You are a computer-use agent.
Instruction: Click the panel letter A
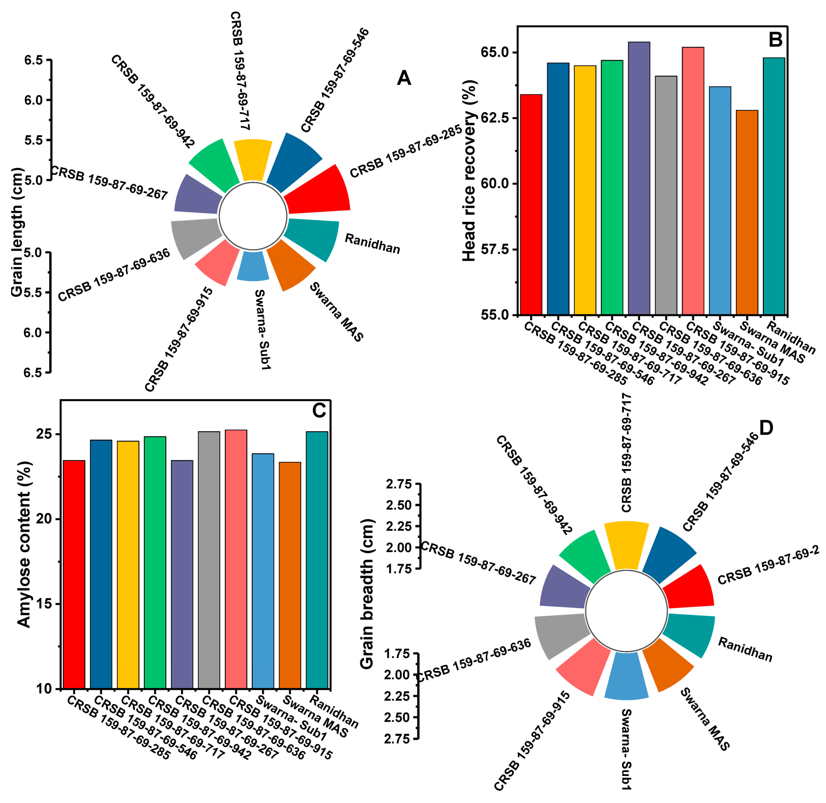404,78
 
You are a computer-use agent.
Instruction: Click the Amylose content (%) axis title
24,544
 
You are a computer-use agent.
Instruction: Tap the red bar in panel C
74,574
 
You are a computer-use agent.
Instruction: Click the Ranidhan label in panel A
372,244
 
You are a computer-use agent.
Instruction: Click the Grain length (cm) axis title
17,232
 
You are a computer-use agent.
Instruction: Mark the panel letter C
319,410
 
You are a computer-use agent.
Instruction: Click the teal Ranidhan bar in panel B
774,186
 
